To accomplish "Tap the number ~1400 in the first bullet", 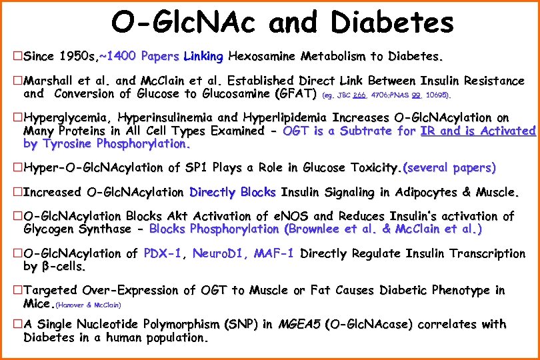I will point(117,54).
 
